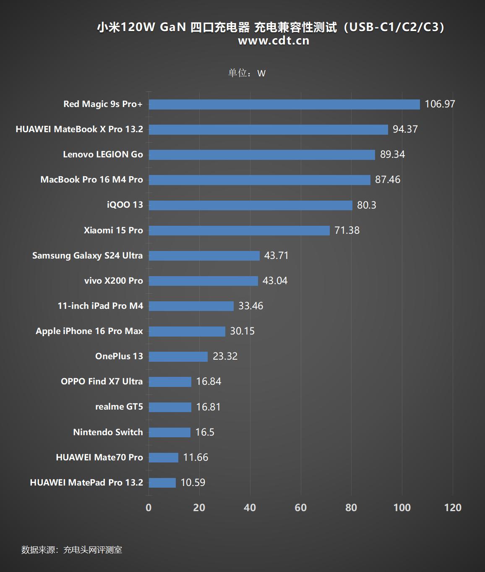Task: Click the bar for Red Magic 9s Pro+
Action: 284,104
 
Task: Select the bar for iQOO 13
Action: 250,205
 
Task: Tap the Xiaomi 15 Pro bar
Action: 239,230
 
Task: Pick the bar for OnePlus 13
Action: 178,357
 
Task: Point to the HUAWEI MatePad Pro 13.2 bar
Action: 162,483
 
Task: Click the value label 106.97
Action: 440,104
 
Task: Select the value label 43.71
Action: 276,256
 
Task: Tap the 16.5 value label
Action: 205,432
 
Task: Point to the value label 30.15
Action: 242,331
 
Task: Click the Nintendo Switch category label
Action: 108,432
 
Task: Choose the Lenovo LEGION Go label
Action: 103,154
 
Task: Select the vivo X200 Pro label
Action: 113,281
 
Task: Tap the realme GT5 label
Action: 119,407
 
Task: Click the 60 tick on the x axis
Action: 300,507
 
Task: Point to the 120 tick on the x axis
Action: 453,507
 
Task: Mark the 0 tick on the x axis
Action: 149,507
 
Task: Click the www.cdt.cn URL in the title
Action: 274,41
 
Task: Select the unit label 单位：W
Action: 247,73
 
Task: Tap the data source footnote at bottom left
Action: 72,550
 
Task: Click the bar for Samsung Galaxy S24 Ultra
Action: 204,256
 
